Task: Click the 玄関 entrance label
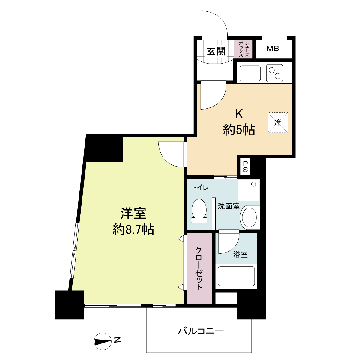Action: pos(216,51)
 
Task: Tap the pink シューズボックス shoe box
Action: pos(243,49)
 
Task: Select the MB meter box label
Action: pos(273,49)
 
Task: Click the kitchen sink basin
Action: pos(250,73)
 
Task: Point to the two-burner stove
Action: pos(274,73)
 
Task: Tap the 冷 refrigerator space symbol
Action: pos(278,123)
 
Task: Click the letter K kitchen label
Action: pos(239,114)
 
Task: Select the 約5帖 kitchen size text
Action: pos(239,130)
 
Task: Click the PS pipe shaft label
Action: pos(245,167)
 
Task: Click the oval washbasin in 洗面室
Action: pos(249,217)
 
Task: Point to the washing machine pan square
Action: pos(248,190)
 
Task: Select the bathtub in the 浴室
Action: pos(236,276)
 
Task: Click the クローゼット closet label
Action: pos(199,269)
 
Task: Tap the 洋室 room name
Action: pos(133,213)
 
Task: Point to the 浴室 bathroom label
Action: pos(240,255)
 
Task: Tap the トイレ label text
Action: pos(200,188)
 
